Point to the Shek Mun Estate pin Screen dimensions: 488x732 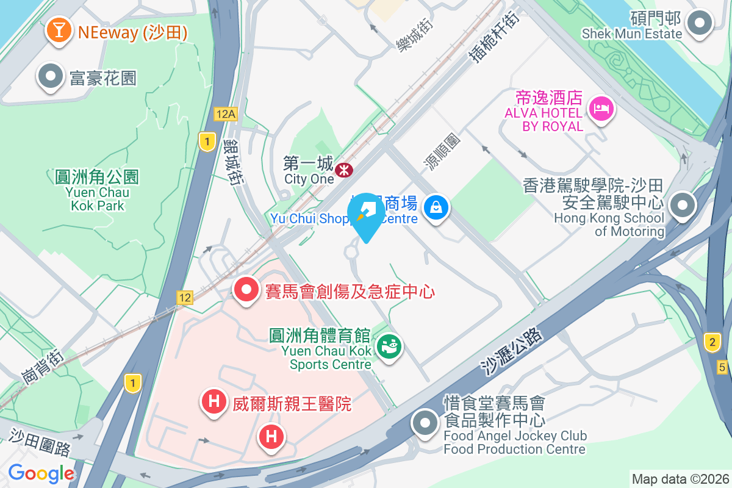[700, 24]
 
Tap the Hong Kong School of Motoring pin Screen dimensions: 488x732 [682, 206]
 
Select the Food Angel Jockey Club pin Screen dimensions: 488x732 [425, 422]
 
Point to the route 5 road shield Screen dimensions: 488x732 [723, 367]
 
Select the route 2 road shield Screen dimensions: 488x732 [711, 342]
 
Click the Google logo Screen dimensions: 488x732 [41, 473]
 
